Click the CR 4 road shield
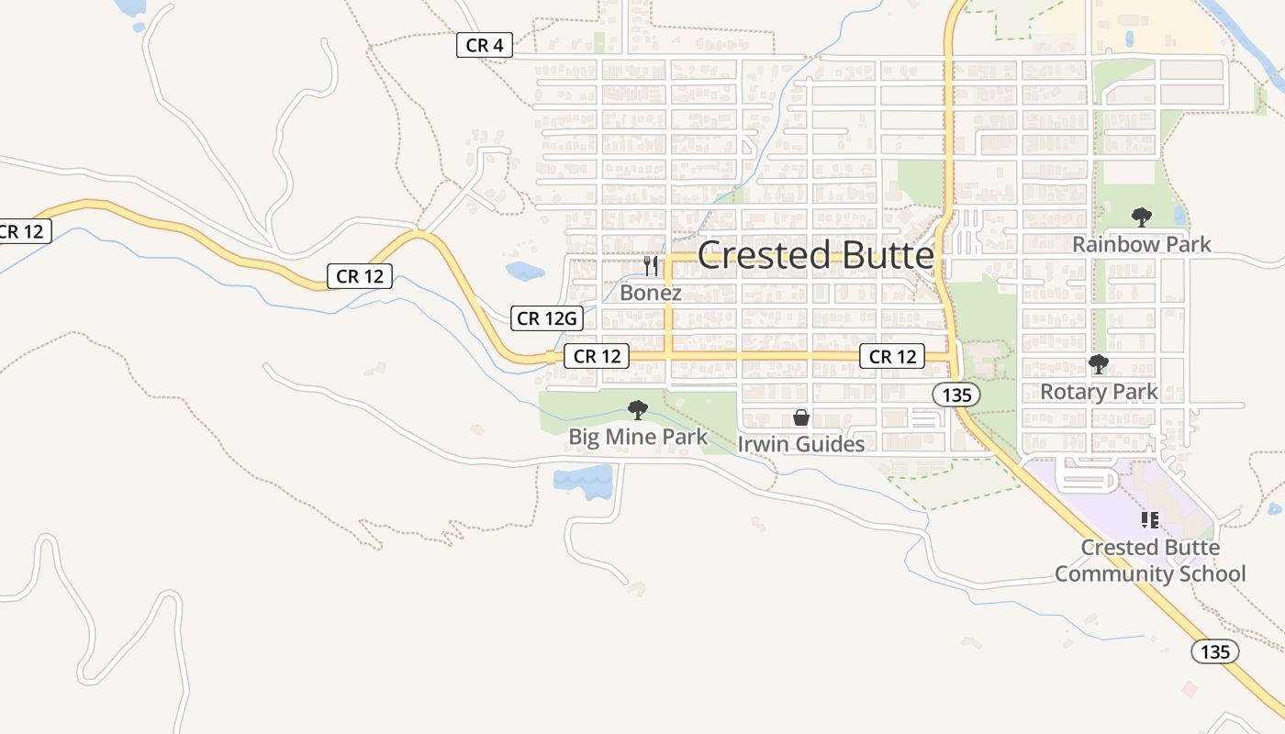point(484,45)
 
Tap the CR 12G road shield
point(547,318)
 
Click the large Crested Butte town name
point(816,255)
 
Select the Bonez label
point(651,293)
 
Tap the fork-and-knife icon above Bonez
point(651,266)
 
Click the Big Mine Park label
point(638,437)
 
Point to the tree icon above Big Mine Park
point(638,410)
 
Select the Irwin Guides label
point(801,444)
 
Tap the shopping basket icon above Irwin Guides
point(801,418)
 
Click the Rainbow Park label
point(1142,244)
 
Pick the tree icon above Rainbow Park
point(1142,217)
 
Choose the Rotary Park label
point(1099,392)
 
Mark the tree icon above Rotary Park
point(1099,364)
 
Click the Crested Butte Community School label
point(1150,561)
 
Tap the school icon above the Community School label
point(1149,520)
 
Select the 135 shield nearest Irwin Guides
point(956,395)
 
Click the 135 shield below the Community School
point(1215,651)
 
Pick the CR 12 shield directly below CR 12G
point(598,356)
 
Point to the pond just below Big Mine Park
point(583,480)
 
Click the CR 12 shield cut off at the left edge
point(23,231)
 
